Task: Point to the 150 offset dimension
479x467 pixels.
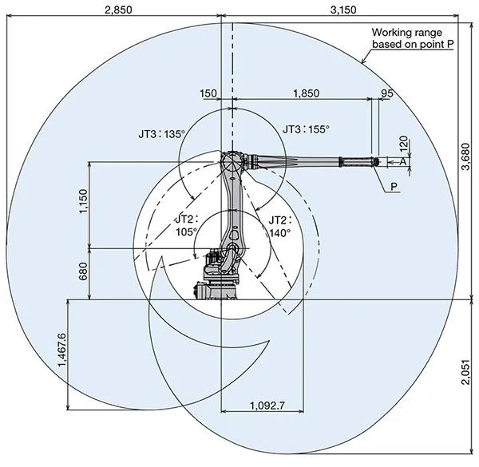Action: point(209,93)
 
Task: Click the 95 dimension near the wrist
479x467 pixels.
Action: point(387,93)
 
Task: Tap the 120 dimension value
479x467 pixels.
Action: point(404,144)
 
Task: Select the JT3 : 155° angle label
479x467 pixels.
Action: point(306,128)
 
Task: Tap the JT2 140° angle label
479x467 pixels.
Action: point(279,226)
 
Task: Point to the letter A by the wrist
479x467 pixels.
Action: point(402,161)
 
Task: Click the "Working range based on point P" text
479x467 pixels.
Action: point(413,38)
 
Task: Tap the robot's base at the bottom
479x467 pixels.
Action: point(216,290)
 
